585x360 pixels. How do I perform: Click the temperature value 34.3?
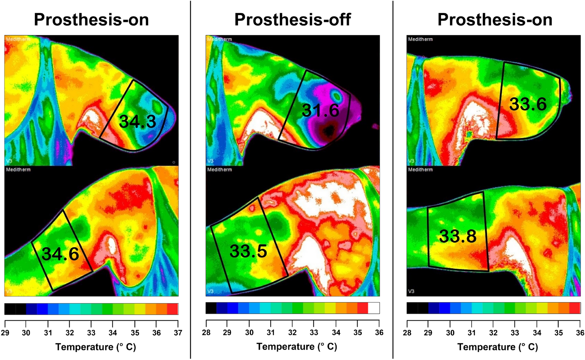[137, 122]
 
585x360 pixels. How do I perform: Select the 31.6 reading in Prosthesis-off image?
[320, 110]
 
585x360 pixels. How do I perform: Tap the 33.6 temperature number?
[528, 104]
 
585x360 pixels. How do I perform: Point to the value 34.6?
[60, 254]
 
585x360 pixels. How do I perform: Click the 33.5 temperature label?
[248, 251]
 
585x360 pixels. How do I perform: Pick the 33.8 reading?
[458, 236]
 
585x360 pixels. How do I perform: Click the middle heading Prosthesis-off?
[292, 19]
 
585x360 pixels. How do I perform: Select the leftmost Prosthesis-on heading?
[91, 19]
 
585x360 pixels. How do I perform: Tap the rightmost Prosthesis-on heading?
[495, 19]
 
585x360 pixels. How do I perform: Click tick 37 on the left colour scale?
[178, 333]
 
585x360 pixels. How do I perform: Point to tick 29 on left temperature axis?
[5, 333]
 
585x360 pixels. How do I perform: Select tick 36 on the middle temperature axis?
[379, 333]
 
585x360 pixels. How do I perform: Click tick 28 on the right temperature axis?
[407, 333]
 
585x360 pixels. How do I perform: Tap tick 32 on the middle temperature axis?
[292, 333]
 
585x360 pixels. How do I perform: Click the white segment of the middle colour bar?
[374, 308]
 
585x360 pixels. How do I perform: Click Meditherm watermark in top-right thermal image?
[420, 39]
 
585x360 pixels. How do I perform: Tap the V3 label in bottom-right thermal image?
[411, 291]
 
